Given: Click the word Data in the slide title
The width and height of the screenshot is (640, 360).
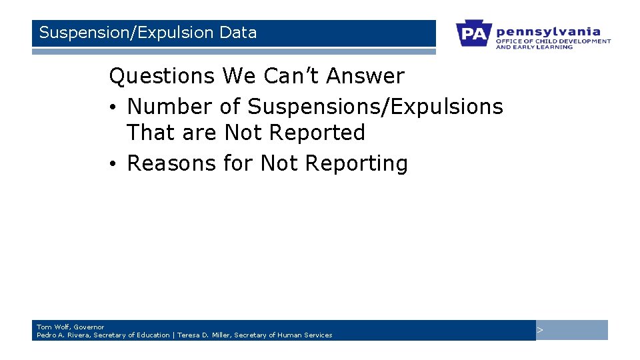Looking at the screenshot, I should click(x=237, y=33).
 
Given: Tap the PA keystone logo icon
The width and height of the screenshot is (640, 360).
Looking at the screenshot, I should click(x=474, y=33).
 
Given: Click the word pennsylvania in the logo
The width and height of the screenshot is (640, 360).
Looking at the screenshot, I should click(x=548, y=31).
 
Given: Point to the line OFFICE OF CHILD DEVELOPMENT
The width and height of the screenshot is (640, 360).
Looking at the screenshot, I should click(x=553, y=41).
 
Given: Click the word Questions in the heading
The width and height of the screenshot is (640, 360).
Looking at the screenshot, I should click(x=162, y=77).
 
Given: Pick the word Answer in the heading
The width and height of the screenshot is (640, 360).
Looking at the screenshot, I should click(x=365, y=77).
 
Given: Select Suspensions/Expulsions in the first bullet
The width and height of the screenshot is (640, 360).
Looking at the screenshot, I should click(x=375, y=107).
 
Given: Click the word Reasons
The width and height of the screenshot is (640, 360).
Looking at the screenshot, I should click(x=172, y=163).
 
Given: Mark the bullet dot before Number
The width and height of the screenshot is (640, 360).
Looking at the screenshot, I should click(x=115, y=107).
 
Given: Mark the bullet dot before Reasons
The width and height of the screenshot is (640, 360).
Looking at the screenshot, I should click(x=115, y=164).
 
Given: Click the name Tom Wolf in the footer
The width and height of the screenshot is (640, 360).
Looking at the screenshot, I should click(x=53, y=327).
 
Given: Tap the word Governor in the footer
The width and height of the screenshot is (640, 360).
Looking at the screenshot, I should click(x=89, y=327).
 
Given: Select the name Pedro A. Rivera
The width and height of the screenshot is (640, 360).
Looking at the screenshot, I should click(x=63, y=335).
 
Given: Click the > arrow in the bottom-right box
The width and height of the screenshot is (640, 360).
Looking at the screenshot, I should click(x=541, y=331).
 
